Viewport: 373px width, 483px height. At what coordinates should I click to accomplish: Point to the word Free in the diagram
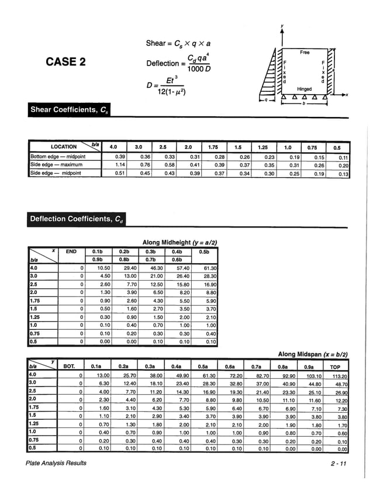click(x=305, y=52)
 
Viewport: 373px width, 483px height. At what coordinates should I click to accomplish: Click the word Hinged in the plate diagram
click(x=305, y=88)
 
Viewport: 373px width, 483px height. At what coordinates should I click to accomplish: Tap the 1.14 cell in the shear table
click(x=122, y=165)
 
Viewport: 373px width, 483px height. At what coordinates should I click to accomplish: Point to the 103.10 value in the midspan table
click(x=314, y=377)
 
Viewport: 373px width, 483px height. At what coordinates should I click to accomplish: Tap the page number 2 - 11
click(x=337, y=463)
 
